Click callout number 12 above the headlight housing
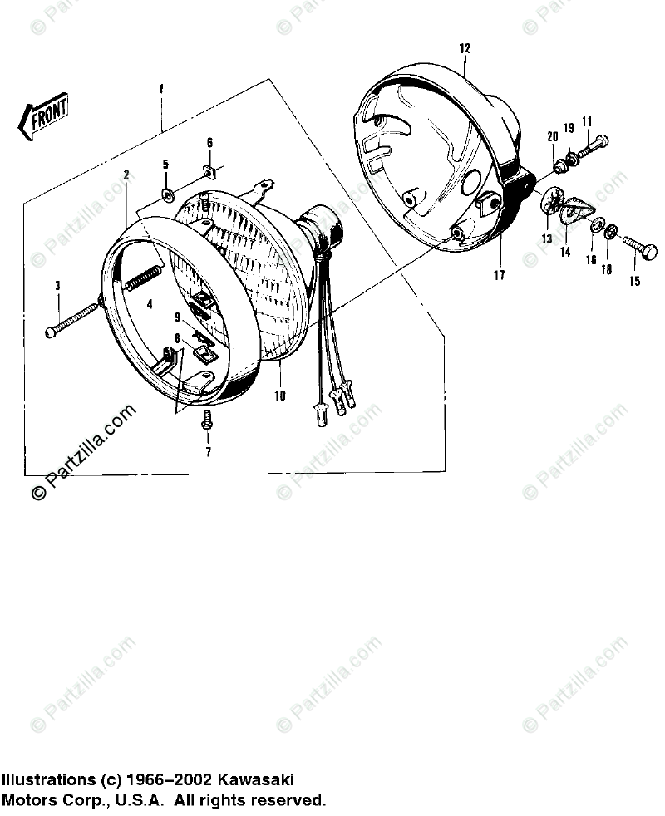point(464,49)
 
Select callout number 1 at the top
point(161,89)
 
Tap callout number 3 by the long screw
point(57,286)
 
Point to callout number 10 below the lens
point(280,396)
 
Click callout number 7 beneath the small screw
point(208,452)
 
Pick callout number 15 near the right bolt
point(634,282)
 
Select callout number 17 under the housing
point(499,275)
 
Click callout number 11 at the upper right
point(587,121)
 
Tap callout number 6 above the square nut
point(209,143)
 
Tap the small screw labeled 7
point(207,419)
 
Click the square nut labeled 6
point(209,172)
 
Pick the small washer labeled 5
point(166,194)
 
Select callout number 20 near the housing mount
point(552,137)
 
